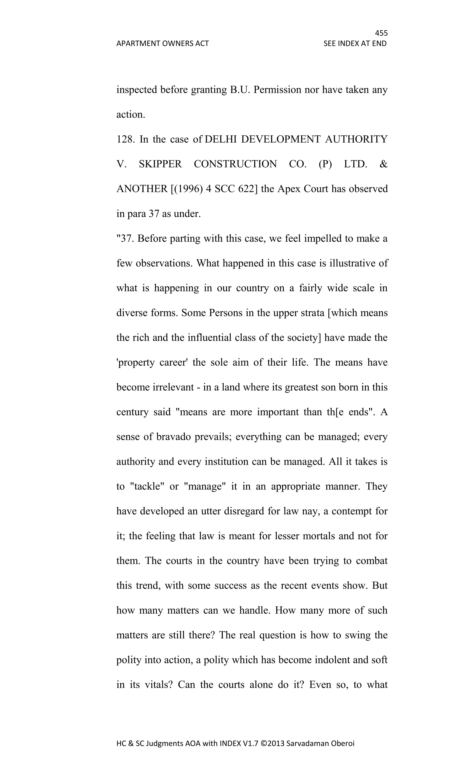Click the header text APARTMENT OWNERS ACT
point(162,43)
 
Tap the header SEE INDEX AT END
point(355,43)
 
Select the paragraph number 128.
point(125,139)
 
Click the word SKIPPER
point(160,164)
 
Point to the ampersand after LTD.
point(383,164)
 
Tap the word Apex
point(288,189)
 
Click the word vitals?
point(158,685)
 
